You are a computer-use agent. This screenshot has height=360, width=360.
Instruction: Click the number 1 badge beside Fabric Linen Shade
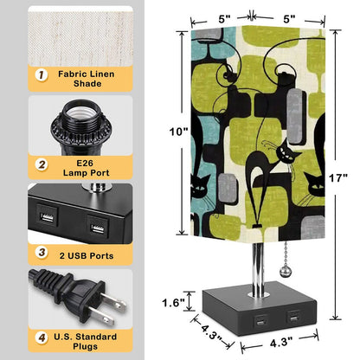[x=42, y=75]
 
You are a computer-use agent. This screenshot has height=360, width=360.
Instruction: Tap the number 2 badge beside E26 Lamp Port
[x=42, y=164]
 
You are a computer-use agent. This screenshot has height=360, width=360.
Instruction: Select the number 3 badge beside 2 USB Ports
[x=42, y=253]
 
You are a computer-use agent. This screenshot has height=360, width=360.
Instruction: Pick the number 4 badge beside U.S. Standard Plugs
[x=42, y=337]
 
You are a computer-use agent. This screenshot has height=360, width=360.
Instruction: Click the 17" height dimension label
[x=338, y=178]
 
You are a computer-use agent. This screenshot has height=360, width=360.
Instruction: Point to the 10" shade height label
[x=178, y=132]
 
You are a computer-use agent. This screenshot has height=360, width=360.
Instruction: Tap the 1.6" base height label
[x=173, y=303]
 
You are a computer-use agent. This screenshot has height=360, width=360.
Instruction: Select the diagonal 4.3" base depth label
[x=212, y=332]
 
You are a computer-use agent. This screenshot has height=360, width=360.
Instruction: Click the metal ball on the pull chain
[x=284, y=272]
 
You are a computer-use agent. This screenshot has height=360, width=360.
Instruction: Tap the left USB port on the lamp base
[x=260, y=321]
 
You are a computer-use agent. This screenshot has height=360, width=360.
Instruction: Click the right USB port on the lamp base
[x=294, y=318]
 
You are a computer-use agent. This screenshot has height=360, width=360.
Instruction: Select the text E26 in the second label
[x=85, y=163]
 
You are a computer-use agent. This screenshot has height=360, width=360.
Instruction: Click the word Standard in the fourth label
[x=98, y=337]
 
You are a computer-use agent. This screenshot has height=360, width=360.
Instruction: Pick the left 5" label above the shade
[x=224, y=19]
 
